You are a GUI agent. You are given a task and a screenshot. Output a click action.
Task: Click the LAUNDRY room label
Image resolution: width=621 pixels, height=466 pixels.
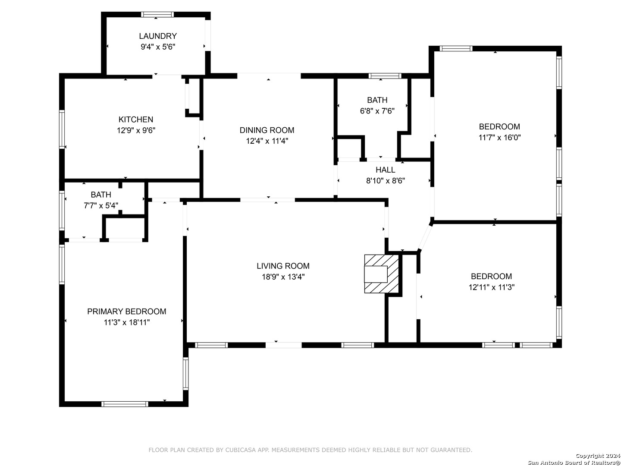pyautogui.click(x=157, y=36)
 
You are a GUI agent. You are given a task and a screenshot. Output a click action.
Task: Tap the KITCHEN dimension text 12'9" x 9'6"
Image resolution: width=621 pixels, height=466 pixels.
pyautogui.click(x=136, y=130)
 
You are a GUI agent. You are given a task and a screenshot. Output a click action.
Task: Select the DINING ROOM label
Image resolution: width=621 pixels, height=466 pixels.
pyautogui.click(x=267, y=130)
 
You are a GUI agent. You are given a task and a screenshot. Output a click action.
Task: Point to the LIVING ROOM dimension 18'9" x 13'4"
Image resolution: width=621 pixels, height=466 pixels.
pyautogui.click(x=283, y=277)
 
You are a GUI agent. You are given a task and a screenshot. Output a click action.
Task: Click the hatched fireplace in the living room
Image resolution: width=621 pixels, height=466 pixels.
pyautogui.click(x=381, y=274)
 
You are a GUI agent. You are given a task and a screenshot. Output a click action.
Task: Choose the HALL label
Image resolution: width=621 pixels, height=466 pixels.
pyautogui.click(x=385, y=170)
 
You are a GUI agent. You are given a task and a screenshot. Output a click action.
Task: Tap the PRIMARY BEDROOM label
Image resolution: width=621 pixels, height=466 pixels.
pyautogui.click(x=126, y=311)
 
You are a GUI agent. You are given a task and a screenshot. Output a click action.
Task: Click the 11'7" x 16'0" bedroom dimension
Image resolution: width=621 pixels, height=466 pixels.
pyautogui.click(x=499, y=137)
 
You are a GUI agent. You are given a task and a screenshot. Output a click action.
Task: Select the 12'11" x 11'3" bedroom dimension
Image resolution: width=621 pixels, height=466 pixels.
pyautogui.click(x=492, y=287)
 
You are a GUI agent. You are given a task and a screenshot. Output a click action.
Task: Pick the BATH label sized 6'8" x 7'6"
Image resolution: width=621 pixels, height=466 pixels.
pyautogui.click(x=377, y=100)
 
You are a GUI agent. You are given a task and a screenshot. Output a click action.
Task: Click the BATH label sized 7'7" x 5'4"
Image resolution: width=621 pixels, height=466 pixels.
pyautogui.click(x=101, y=194)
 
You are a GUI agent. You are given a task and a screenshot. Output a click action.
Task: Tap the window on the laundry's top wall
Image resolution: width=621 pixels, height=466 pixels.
pyautogui.click(x=157, y=14)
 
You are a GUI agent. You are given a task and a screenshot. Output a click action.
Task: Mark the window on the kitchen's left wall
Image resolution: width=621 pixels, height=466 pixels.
pyautogui.click(x=62, y=129)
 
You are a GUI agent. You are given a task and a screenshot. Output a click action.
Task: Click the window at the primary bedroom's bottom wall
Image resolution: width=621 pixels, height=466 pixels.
pyautogui.click(x=125, y=404)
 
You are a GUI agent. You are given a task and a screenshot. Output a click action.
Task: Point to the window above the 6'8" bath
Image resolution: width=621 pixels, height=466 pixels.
pyautogui.click(x=385, y=76)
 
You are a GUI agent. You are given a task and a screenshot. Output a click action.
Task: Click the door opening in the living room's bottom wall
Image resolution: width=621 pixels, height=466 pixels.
pyautogui.click(x=283, y=345)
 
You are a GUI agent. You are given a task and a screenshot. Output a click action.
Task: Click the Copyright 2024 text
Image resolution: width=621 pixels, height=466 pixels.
pyautogui.click(x=598, y=456)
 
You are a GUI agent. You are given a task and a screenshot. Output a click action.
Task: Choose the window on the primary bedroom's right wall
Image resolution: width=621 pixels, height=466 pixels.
pyautogui.click(x=185, y=374)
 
